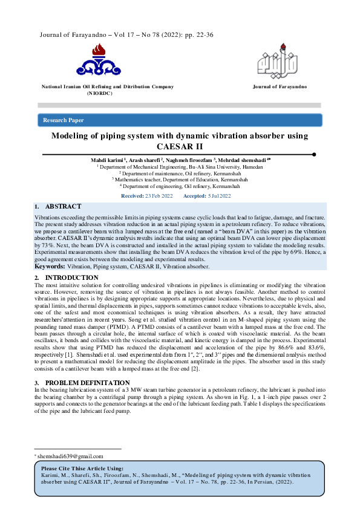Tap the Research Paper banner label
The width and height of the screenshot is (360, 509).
pyautogui.click(x=64, y=120)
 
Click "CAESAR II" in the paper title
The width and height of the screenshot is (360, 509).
pyautogui.click(x=180, y=146)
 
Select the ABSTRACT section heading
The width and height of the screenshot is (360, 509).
pyautogui.click(x=63, y=207)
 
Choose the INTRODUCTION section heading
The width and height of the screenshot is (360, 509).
pyautogui.click(x=72, y=277)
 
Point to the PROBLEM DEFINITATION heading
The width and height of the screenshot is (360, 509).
pyautogui.click(x=88, y=383)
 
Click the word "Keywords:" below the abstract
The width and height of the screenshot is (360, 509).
pyautogui.click(x=50, y=266)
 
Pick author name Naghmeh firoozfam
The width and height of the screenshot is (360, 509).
pyautogui.click(x=193, y=160)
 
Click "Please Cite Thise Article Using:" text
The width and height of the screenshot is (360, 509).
pyautogui.click(x=82, y=468)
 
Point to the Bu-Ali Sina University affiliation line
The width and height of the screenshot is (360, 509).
pyautogui.click(x=180, y=166)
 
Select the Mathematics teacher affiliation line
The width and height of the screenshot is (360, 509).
pyautogui.click(x=180, y=180)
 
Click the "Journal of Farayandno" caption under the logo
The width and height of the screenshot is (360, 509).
pyautogui.click(x=280, y=87)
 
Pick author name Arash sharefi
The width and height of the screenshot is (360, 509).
pyautogui.click(x=145, y=160)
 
